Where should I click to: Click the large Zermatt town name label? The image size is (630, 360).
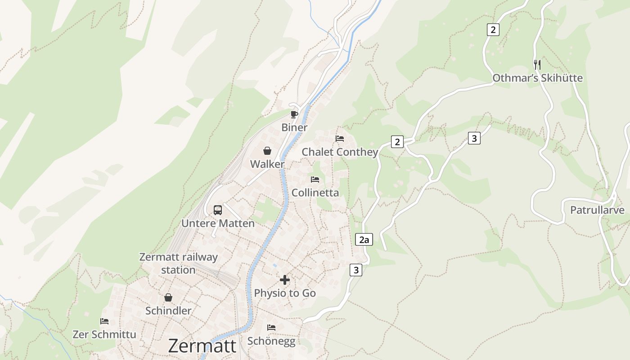click(x=202, y=346)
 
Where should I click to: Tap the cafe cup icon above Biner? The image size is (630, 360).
click(x=294, y=115)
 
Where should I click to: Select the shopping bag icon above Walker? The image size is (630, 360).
click(x=267, y=151)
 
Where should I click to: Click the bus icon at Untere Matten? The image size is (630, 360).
click(x=218, y=210)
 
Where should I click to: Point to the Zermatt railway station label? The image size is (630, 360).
click(x=178, y=264)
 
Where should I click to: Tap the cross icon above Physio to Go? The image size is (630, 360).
click(x=285, y=280)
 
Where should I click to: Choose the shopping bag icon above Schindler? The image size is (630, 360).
click(x=168, y=297)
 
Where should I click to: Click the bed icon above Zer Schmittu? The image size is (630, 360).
click(x=104, y=321)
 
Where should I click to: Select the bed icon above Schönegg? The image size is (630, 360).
click(x=271, y=327)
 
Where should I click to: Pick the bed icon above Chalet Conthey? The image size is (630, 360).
click(x=340, y=139)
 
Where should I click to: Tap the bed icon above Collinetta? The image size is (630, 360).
click(x=315, y=180)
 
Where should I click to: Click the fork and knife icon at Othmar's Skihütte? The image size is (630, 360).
click(x=537, y=64)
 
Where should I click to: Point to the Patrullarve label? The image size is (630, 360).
click(x=597, y=210)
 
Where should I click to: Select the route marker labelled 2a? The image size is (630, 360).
click(x=364, y=239)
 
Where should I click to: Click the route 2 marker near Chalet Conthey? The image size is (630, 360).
click(x=397, y=142)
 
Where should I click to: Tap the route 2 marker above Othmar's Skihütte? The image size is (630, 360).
click(x=493, y=30)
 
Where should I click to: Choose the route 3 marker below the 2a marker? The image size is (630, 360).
click(x=356, y=270)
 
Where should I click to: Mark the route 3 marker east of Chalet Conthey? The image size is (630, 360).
click(x=474, y=138)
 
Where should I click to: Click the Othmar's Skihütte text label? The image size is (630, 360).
click(x=537, y=78)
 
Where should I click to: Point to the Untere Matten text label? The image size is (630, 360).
click(x=218, y=223)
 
